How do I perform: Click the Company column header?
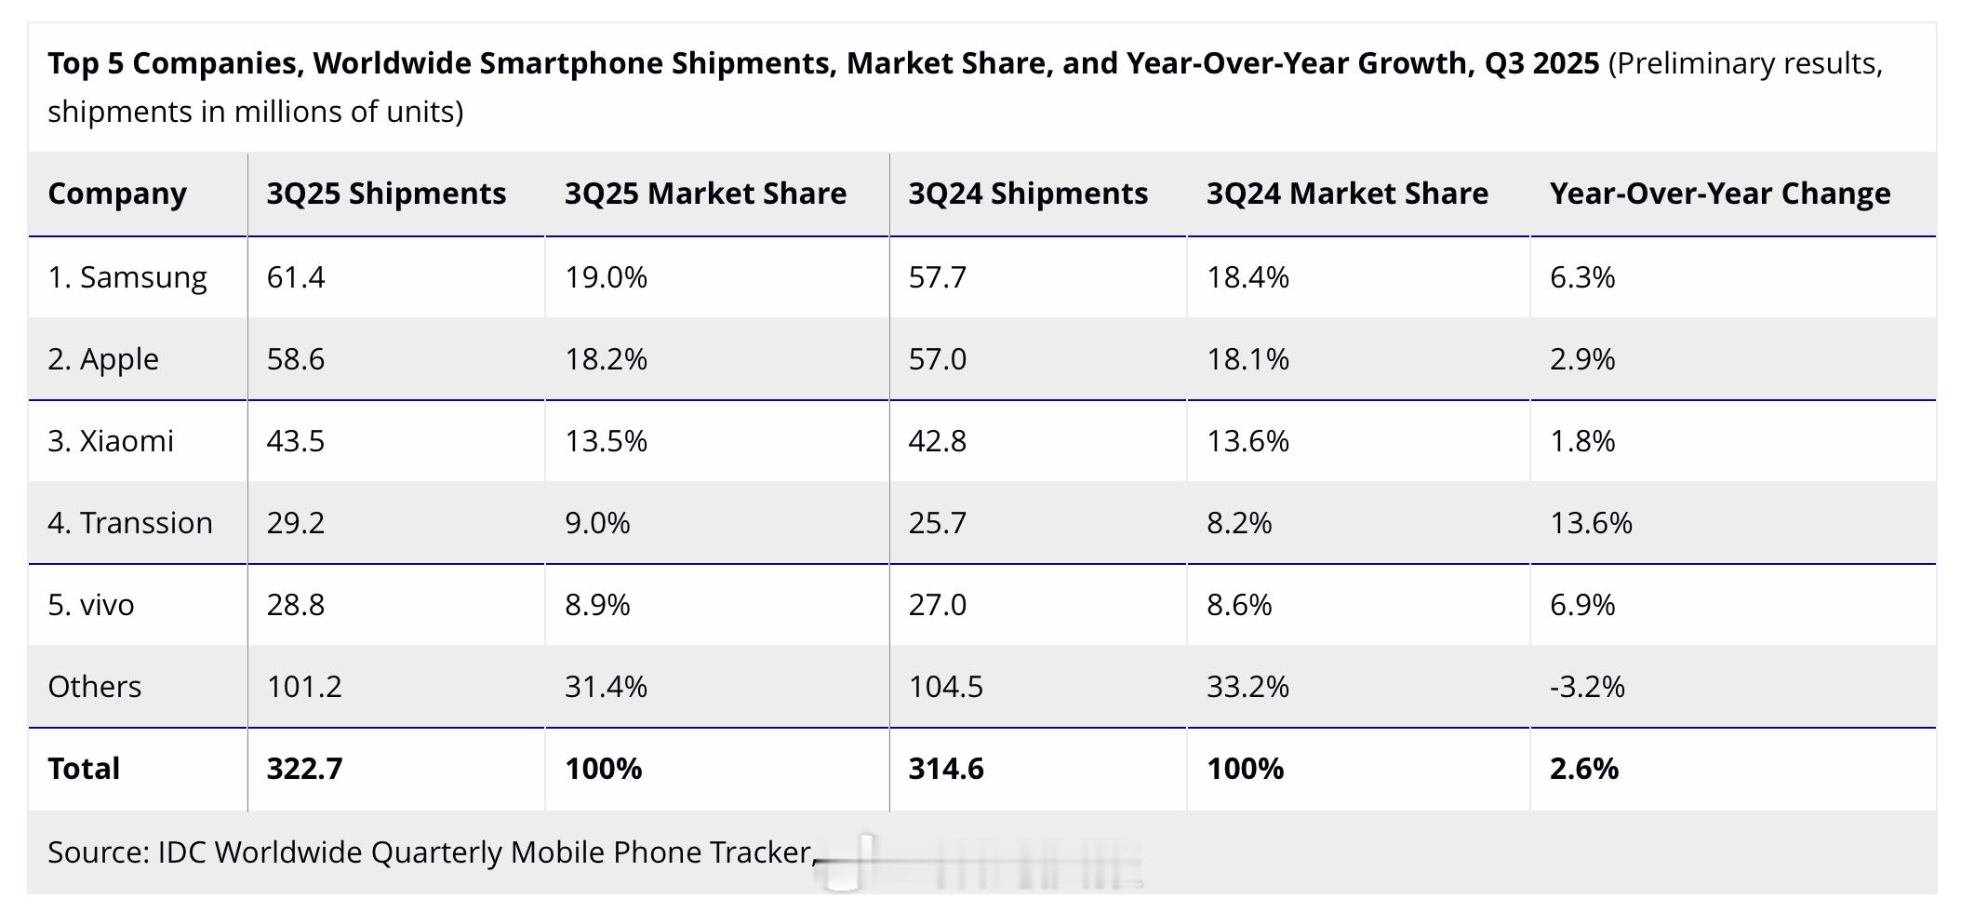click(x=117, y=194)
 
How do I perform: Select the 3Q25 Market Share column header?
click(x=705, y=194)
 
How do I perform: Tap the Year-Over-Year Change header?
click(x=1719, y=194)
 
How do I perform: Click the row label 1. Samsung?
click(x=127, y=277)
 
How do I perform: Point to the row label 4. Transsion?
click(x=130, y=523)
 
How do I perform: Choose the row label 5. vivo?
click(x=91, y=605)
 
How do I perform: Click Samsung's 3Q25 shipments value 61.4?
click(x=296, y=277)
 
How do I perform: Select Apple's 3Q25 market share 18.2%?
click(x=606, y=359)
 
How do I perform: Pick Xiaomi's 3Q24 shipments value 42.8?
click(x=937, y=441)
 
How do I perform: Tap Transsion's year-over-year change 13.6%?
click(x=1591, y=523)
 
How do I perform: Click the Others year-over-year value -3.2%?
click(x=1587, y=687)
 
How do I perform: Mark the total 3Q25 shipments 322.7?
click(x=304, y=769)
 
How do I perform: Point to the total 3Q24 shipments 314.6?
click(x=946, y=769)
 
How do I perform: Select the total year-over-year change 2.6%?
click(x=1584, y=769)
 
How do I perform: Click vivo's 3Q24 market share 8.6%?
click(x=1239, y=605)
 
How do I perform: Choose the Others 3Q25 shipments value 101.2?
click(x=304, y=687)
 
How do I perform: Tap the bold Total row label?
click(x=84, y=769)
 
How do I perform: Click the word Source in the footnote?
click(x=98, y=852)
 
